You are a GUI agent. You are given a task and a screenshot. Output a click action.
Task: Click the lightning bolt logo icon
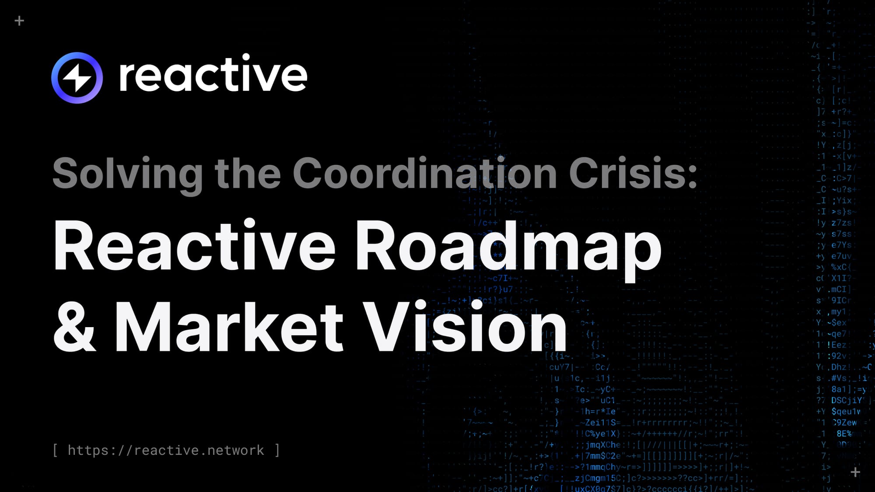(77, 78)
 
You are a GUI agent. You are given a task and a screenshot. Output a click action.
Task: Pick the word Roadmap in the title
(507, 247)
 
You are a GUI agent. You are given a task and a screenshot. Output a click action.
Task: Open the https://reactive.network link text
(166, 450)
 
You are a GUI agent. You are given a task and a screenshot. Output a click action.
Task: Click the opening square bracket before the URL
(55, 450)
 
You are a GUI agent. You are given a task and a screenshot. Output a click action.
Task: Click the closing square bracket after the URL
(277, 450)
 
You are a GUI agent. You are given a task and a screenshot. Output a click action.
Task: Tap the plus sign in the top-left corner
(19, 21)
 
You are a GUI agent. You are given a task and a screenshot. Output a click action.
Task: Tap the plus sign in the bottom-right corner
(855, 472)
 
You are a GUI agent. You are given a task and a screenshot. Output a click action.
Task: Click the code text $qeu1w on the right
(846, 412)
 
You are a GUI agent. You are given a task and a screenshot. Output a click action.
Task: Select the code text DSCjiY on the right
(846, 400)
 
